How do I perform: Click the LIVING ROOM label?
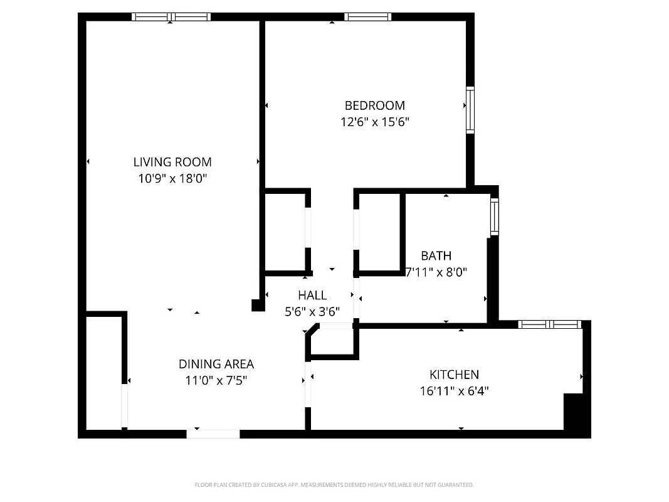(172, 162)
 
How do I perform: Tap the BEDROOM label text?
(374, 105)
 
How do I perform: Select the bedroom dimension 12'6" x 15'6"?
(374, 122)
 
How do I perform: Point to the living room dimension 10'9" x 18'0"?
(172, 179)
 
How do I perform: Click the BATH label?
(436, 256)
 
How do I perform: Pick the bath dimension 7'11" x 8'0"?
(437, 272)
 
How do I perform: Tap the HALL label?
(312, 295)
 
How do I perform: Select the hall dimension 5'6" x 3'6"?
(312, 311)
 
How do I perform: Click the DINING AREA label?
(216, 364)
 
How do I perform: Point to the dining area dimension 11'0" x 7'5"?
(216, 380)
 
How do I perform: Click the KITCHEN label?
(454, 375)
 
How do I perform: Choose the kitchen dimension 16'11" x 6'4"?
(454, 392)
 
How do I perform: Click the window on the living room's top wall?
(171, 17)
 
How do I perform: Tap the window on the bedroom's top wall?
(367, 17)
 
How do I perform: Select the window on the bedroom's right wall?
(470, 110)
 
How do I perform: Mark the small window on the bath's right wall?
(494, 216)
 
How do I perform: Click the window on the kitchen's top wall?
(550, 324)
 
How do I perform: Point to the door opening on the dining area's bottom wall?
(213, 434)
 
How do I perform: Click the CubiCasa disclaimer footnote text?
(334, 485)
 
